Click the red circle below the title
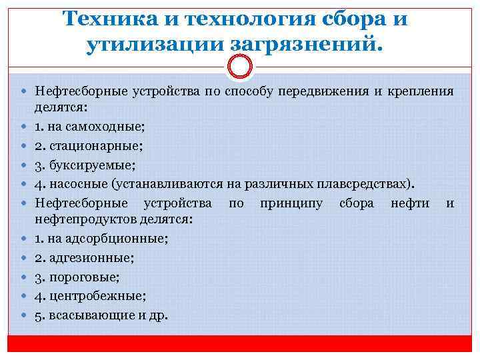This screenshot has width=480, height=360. [x=239, y=67]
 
